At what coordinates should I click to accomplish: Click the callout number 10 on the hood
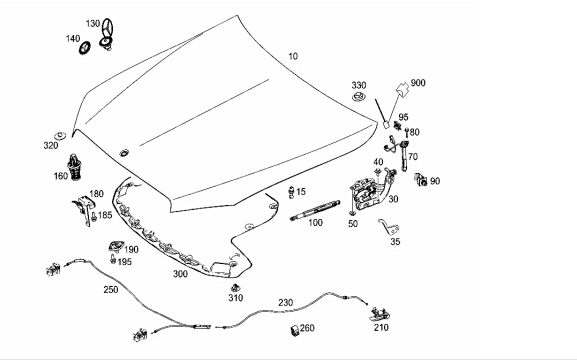click(x=293, y=56)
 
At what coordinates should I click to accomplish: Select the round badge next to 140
click(x=85, y=47)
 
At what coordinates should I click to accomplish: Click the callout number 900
click(x=418, y=83)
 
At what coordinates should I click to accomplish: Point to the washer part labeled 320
click(x=60, y=135)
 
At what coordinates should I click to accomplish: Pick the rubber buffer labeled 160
click(x=75, y=166)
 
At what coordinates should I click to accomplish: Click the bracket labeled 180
click(x=84, y=210)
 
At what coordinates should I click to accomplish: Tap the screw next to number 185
click(x=93, y=216)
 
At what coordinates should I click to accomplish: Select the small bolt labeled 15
click(x=291, y=192)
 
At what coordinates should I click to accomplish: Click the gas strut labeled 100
click(x=315, y=210)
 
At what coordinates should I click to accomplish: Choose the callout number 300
click(x=180, y=274)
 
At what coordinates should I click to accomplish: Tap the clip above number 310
click(x=235, y=287)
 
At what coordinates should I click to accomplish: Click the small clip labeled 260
click(x=294, y=330)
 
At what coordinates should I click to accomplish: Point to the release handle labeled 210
click(x=379, y=314)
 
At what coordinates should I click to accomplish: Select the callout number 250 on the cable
click(x=111, y=290)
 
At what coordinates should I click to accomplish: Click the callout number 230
click(x=286, y=303)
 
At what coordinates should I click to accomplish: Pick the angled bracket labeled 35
click(x=390, y=227)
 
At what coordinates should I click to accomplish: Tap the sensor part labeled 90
click(x=421, y=179)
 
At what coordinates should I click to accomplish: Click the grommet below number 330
click(x=358, y=98)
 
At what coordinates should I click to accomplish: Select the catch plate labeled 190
click(x=116, y=246)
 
